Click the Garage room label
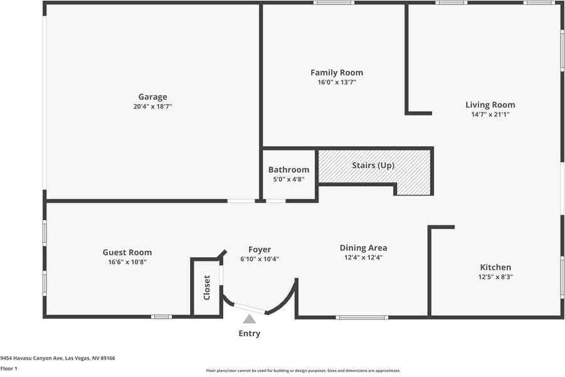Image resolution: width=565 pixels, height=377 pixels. pyautogui.click(x=152, y=97)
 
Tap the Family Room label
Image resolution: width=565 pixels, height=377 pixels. pyautogui.click(x=337, y=73)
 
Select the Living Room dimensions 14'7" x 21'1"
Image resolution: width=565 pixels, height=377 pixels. pyautogui.click(x=490, y=115)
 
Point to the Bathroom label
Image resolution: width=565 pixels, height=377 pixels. pyautogui.click(x=288, y=169)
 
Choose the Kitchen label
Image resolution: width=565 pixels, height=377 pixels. pyautogui.click(x=495, y=267)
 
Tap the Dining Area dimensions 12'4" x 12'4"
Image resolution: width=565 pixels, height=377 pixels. pyautogui.click(x=363, y=257)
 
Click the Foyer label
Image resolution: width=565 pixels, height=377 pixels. pyautogui.click(x=260, y=250)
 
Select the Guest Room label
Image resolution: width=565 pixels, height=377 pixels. pyautogui.click(x=127, y=252)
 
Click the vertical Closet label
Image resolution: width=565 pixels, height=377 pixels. pyautogui.click(x=207, y=287)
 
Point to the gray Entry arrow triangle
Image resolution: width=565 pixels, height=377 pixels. pyautogui.click(x=250, y=319)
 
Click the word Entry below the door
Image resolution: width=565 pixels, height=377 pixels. pyautogui.click(x=249, y=334)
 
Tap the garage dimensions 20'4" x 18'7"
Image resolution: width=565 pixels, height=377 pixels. pyautogui.click(x=152, y=107)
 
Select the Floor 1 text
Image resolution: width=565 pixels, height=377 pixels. pyautogui.click(x=9, y=368)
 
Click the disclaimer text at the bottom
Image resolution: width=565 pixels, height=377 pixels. pyautogui.click(x=304, y=371)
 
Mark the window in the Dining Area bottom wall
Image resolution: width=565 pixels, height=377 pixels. pyautogui.click(x=362, y=317)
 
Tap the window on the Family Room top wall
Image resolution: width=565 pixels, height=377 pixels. pyautogui.click(x=334, y=3)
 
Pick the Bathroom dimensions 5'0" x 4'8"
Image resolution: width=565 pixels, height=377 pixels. pyautogui.click(x=288, y=179)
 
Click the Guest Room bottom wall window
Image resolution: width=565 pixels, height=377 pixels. pyautogui.click(x=161, y=317)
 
